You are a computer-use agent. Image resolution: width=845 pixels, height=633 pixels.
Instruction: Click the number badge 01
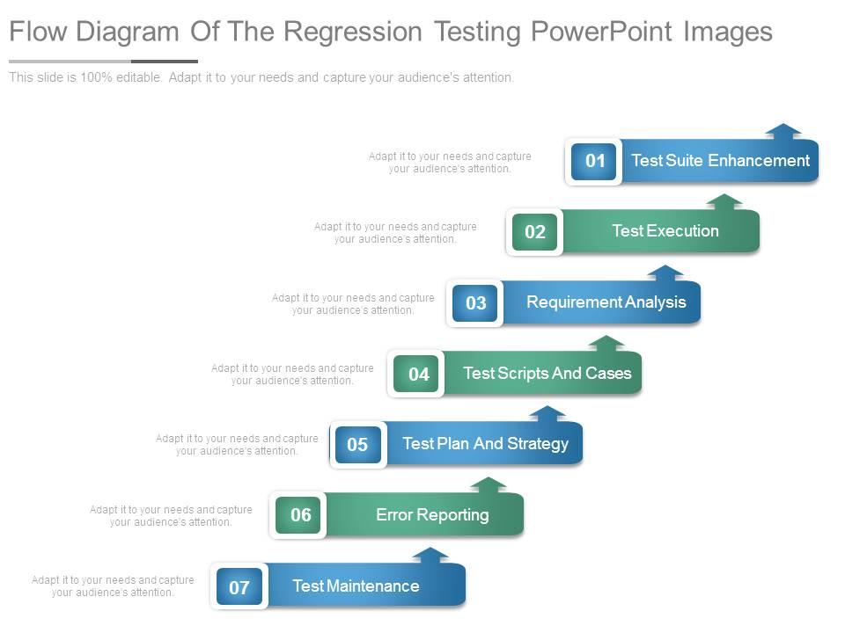[x=594, y=161]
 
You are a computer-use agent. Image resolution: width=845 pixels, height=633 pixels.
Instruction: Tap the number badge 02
[x=535, y=232]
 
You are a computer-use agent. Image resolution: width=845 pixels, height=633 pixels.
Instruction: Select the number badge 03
[x=475, y=303]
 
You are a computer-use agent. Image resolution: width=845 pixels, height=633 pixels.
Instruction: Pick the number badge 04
[x=418, y=375]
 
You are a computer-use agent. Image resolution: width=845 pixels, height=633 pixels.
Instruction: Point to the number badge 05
[x=357, y=445]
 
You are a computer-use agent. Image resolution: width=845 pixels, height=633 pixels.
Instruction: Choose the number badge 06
[x=300, y=515]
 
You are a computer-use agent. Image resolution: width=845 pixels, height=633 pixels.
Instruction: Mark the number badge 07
[x=239, y=587]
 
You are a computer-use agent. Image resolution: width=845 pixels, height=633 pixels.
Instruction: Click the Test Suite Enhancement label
[x=720, y=161]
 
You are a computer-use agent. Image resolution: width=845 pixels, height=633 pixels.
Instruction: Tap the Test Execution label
[x=665, y=231]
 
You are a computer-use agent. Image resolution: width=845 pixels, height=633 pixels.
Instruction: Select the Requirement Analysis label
[x=606, y=302]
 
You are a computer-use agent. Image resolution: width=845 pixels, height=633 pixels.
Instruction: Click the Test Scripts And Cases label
[x=547, y=374]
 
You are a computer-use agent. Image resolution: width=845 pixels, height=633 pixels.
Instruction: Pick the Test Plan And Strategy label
[x=485, y=444]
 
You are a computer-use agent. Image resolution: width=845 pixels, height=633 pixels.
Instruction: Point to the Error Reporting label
[x=432, y=515]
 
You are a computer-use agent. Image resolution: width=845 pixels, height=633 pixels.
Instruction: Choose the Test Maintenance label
[x=356, y=586]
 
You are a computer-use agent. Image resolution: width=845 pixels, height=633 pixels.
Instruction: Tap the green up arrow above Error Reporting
[x=489, y=484]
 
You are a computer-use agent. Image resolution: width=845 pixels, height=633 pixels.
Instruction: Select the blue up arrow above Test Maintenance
[x=430, y=555]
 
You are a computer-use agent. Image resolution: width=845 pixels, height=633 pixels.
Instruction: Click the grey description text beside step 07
[x=113, y=586]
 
